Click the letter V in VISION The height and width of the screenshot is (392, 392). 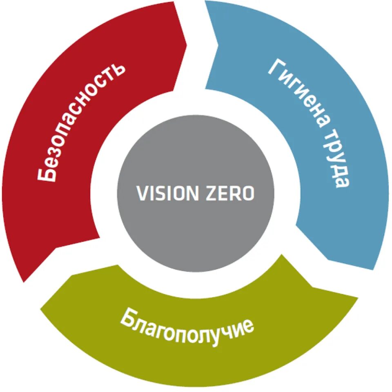[x=141, y=193]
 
